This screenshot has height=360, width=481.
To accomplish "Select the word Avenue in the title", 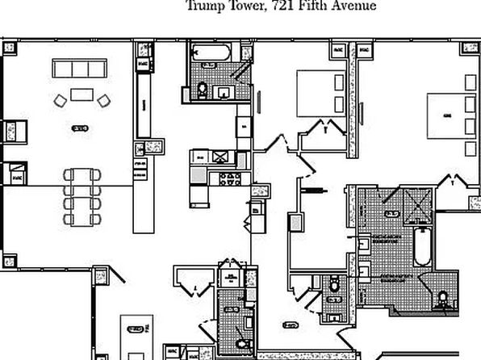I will point(353,6).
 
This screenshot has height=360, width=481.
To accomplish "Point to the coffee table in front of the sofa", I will point(82,94).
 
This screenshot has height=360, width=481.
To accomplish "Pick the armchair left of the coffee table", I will point(61,101).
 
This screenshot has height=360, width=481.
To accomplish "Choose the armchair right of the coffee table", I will point(103,101).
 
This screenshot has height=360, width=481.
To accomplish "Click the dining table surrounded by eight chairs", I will point(83,194).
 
